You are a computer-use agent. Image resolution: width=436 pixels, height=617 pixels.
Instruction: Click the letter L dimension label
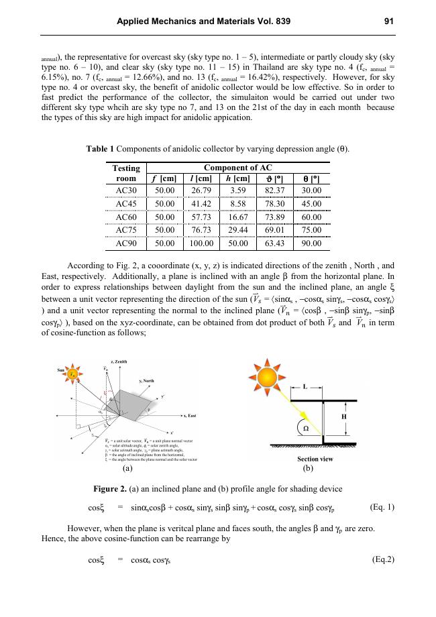tap(305, 388)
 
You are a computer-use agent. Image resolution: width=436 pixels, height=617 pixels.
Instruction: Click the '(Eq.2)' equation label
tap(383, 559)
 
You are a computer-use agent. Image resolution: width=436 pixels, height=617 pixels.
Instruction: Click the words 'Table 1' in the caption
tap(101, 148)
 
